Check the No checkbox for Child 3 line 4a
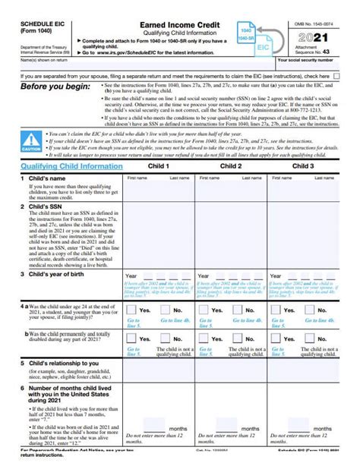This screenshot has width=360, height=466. click(309, 310)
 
